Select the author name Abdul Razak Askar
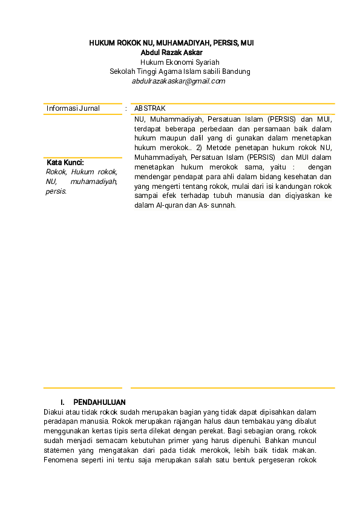point(180,53)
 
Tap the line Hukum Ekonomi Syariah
point(180,62)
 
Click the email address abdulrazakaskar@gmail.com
point(178,80)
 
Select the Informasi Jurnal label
point(73,108)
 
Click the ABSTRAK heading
point(150,108)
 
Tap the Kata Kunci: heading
point(65,163)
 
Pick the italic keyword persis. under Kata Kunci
point(56,191)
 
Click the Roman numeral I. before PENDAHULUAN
point(63,402)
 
